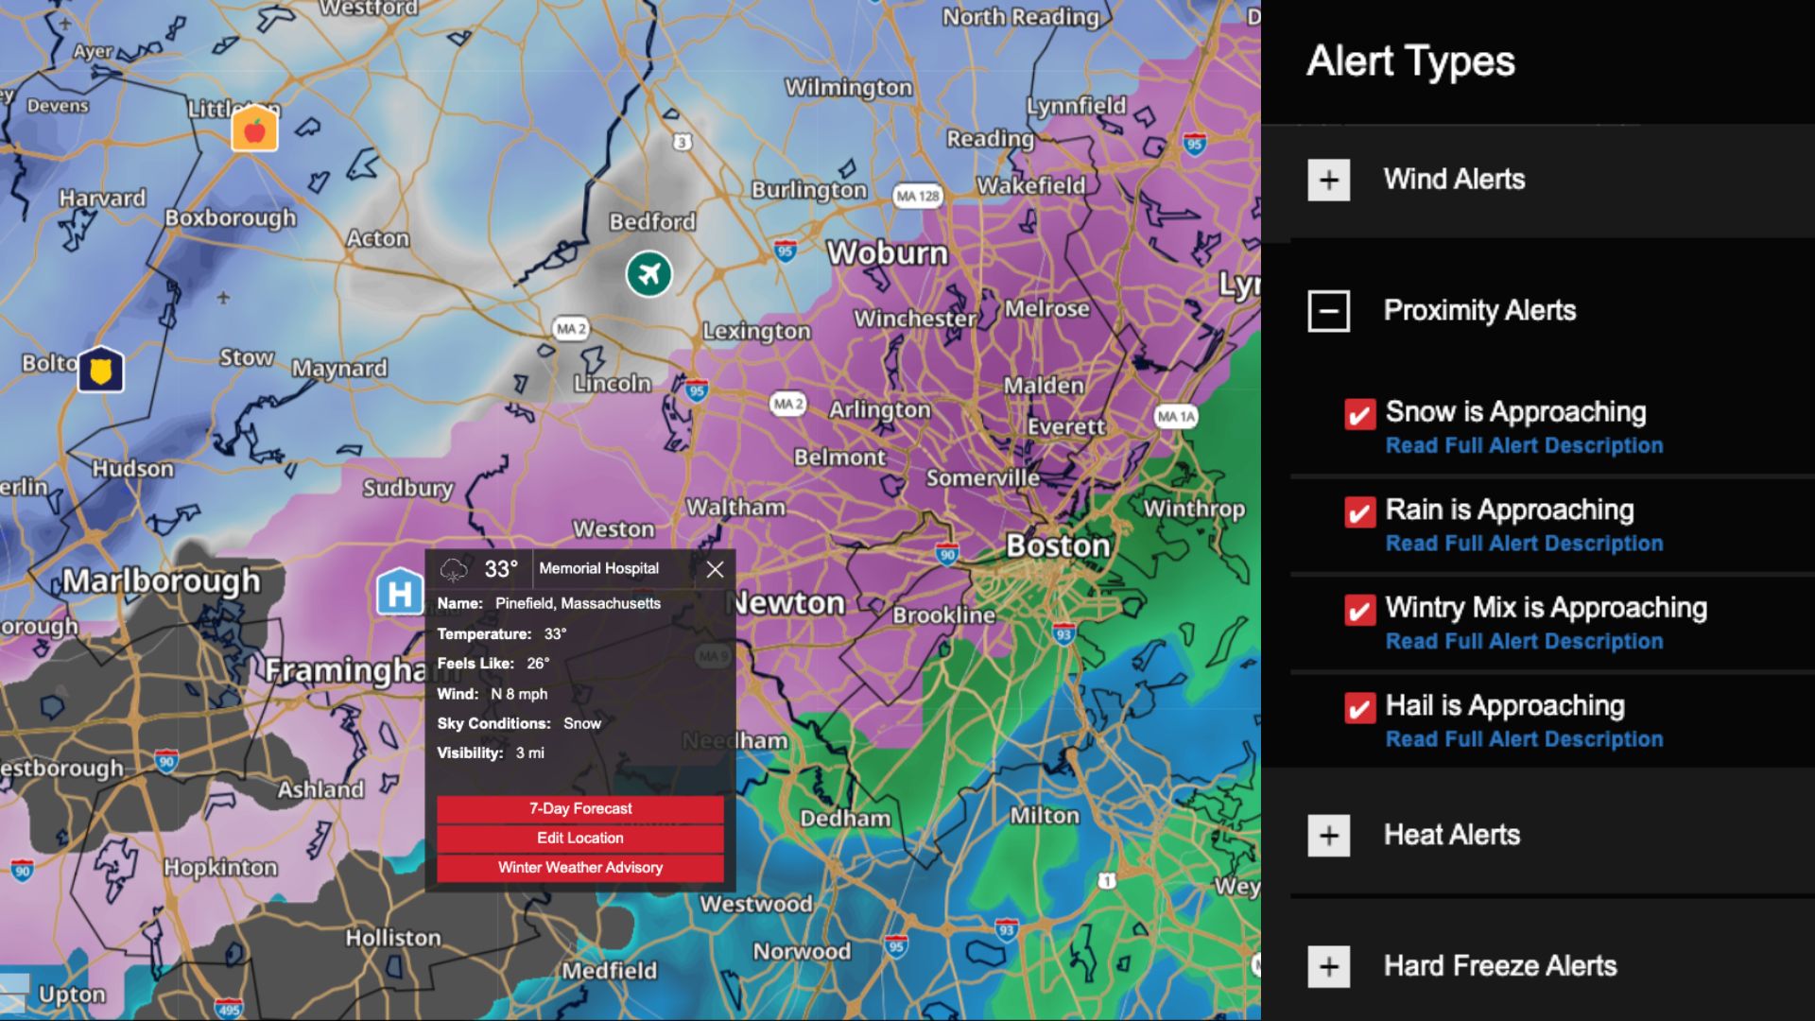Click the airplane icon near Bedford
point(648,274)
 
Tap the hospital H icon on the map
point(399,592)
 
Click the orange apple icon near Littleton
point(254,130)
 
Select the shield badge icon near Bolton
point(101,370)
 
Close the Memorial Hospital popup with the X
point(715,569)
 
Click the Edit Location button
point(579,838)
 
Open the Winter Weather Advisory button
point(579,867)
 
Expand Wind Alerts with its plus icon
point(1328,180)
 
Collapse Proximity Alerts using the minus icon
point(1328,310)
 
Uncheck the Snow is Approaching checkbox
point(1359,414)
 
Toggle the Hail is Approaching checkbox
point(1359,708)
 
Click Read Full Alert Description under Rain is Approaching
point(1524,544)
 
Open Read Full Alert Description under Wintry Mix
point(1524,642)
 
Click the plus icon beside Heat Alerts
point(1328,836)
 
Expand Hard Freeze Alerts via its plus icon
point(1328,966)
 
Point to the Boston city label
point(1058,545)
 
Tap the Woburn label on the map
point(887,252)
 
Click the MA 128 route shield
point(918,197)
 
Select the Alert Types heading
point(1410,61)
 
